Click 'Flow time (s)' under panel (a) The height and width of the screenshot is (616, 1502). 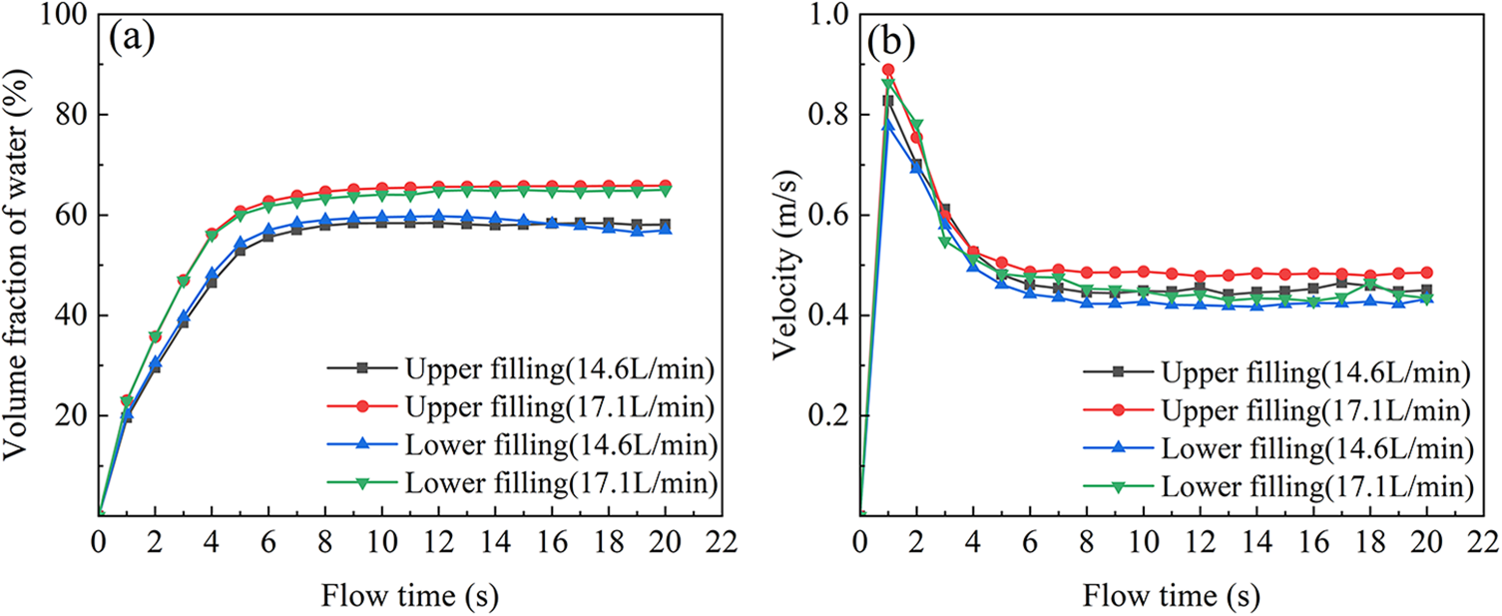[409, 596]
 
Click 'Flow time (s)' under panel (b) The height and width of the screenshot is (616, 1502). [1172, 596]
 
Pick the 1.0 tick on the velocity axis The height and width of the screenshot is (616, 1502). [826, 16]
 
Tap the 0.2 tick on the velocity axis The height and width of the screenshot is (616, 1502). [826, 415]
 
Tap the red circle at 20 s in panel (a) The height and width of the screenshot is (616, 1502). [665, 186]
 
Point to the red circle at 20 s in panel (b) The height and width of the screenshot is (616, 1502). [1427, 273]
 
